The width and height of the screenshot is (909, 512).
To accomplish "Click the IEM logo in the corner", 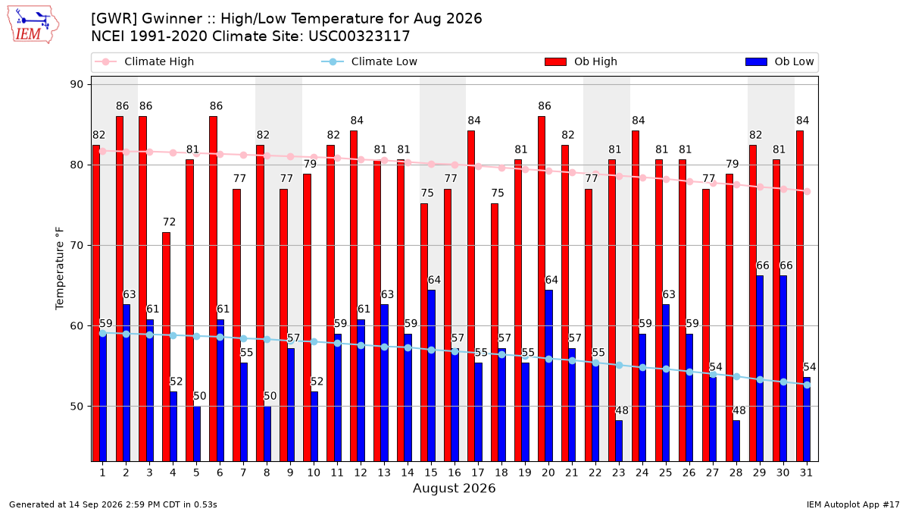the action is (x=33, y=25).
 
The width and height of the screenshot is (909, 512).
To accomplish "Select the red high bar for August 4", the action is (x=166, y=347).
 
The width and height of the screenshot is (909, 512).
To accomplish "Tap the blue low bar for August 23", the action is (x=619, y=441).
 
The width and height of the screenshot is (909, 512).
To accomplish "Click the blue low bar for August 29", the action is (x=760, y=369).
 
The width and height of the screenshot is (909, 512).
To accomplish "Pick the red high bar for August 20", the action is (x=542, y=289).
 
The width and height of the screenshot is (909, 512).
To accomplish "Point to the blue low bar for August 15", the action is (x=431, y=376).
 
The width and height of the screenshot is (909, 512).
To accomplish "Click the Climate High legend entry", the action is (x=144, y=61).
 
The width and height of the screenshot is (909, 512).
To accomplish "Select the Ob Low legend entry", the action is (x=779, y=61).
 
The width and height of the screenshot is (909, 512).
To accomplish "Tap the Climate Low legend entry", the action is (x=370, y=61).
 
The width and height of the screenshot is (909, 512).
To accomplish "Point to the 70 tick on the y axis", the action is (x=77, y=246).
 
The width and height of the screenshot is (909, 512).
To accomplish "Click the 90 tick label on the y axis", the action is (x=77, y=84).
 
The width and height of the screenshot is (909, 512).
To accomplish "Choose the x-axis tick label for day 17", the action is (x=478, y=473).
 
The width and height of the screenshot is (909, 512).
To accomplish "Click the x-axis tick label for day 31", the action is (x=806, y=473).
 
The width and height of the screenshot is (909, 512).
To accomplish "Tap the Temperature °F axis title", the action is (x=60, y=269).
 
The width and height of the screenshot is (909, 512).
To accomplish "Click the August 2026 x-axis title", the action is (x=454, y=488).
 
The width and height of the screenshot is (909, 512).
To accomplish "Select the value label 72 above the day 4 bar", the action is (x=169, y=221).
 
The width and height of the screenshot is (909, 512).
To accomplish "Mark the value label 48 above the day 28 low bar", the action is (x=739, y=410).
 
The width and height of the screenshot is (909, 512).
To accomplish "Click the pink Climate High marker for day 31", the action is (x=807, y=191).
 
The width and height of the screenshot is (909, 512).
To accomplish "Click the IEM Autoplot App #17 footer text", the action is (x=853, y=504).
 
